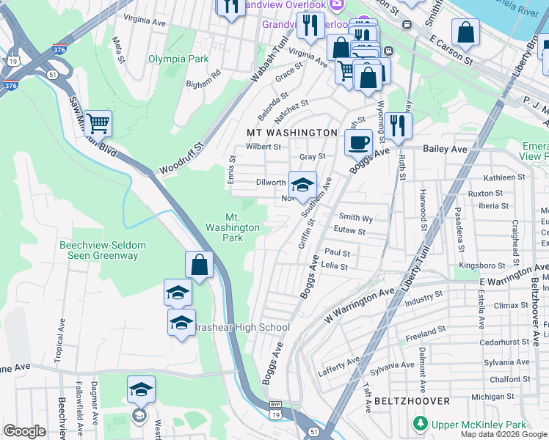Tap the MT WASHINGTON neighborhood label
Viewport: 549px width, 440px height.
pos(291,133)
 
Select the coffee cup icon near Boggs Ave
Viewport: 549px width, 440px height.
pos(359,142)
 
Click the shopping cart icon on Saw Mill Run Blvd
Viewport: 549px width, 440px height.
pos(98,123)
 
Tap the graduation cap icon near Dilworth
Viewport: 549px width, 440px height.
pos(302,183)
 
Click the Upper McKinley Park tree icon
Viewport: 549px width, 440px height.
pos(420,424)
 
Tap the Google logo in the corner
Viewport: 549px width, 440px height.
pos(24,431)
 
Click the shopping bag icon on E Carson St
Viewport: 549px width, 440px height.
pos(465,32)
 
